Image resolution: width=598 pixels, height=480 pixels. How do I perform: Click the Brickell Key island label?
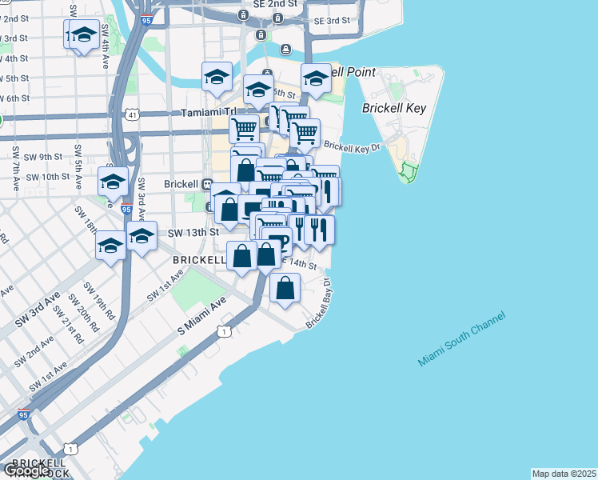(x=394, y=108)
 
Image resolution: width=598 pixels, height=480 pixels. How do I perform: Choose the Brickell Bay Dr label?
(x=317, y=305)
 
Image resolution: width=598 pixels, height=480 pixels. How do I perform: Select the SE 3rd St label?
(x=332, y=20)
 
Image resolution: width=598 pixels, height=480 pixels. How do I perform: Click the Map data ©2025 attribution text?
(x=564, y=474)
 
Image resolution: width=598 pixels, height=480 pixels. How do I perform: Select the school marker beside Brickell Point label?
(x=316, y=79)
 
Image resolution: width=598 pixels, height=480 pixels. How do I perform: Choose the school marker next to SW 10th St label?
(x=114, y=182)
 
